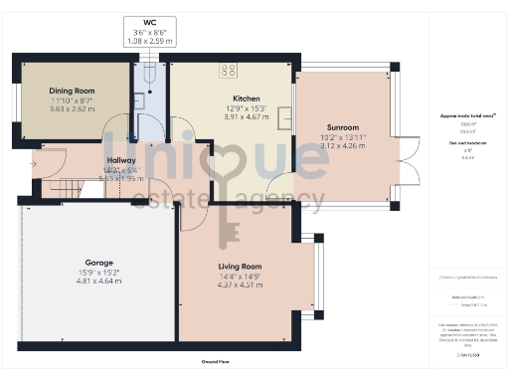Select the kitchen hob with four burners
[228, 70]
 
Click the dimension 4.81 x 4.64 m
[97, 282]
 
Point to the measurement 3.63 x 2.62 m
[72, 108]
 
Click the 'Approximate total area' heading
[468, 116]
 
